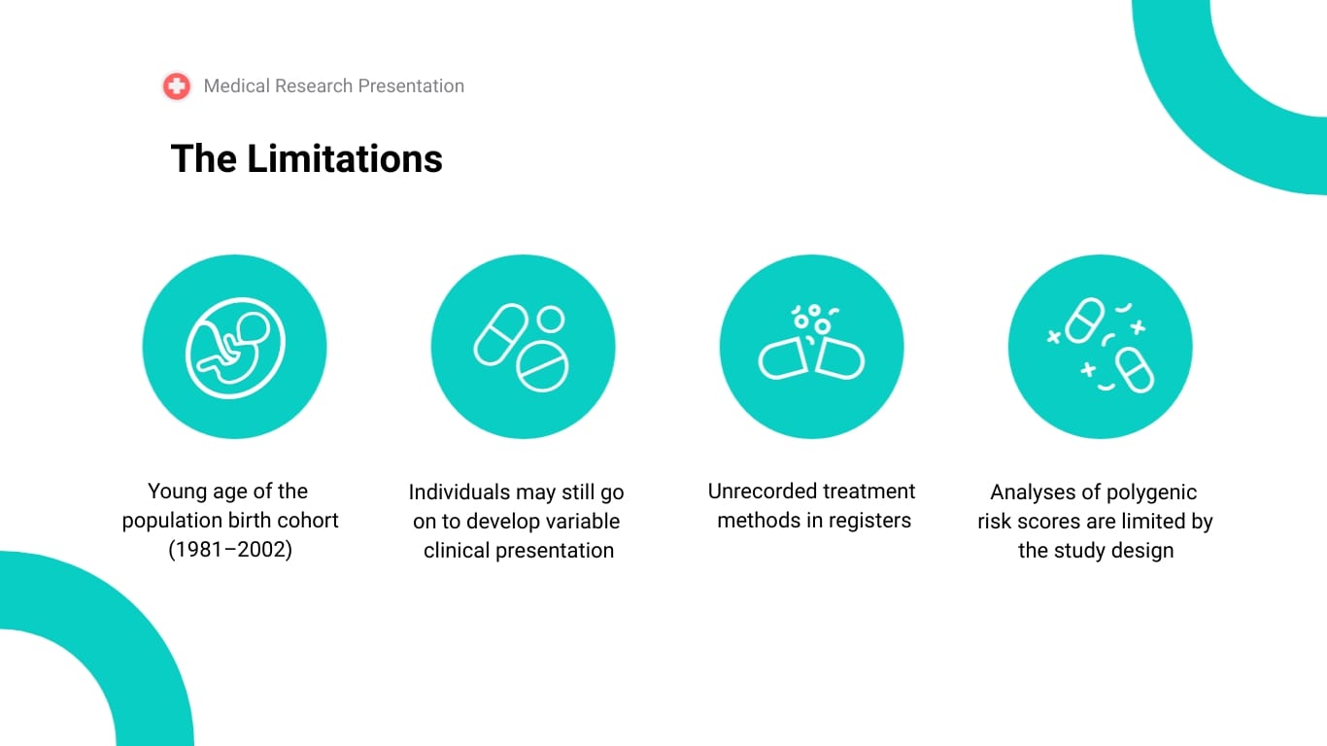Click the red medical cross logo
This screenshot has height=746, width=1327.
point(176,86)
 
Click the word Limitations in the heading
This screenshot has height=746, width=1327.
point(345,159)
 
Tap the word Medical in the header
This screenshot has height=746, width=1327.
point(236,86)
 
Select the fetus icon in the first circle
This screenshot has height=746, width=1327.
point(235,348)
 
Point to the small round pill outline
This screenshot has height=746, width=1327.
point(551,319)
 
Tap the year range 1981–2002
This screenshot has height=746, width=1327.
point(230,550)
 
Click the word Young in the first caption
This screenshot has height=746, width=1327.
point(178,492)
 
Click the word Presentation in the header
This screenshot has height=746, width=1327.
point(411,86)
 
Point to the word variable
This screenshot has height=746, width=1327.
point(583,522)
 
